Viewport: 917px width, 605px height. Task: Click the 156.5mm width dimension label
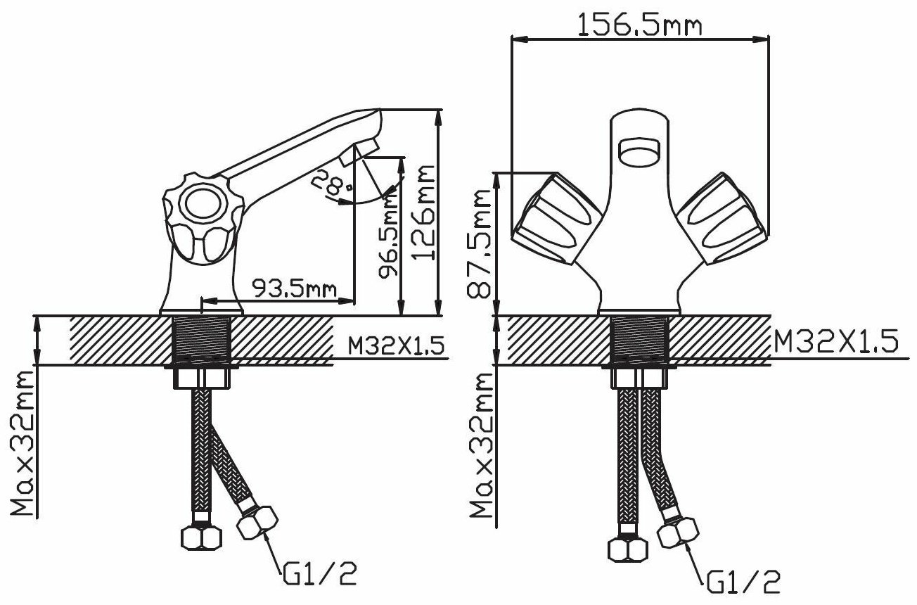[639, 25]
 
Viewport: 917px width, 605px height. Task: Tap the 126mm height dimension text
[423, 212]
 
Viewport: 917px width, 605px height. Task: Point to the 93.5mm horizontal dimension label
[294, 288]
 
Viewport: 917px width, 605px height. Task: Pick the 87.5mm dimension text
[478, 243]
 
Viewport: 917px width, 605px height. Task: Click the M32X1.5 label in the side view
[396, 346]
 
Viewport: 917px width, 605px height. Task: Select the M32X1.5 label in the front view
[835, 341]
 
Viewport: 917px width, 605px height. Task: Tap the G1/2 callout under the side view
[320, 573]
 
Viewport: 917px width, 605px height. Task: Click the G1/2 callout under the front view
[743, 581]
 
